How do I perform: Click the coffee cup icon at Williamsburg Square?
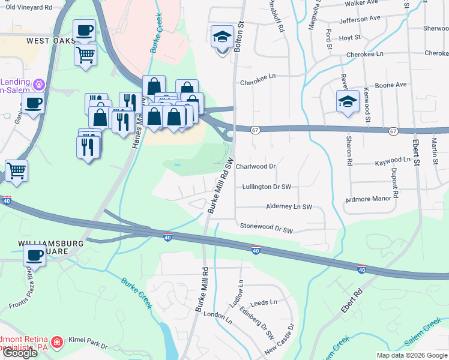[x=34, y=255]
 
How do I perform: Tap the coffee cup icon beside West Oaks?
[x=84, y=30]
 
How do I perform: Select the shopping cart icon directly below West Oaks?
[x=85, y=55]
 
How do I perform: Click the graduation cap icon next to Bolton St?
[x=222, y=37]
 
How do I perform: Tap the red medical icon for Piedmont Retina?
[x=57, y=342]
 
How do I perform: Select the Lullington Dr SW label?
[x=266, y=187]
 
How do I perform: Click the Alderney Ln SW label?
[x=289, y=206]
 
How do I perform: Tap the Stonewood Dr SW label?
[x=266, y=229]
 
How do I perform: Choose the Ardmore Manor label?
[x=369, y=199]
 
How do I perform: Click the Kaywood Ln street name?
[x=393, y=160]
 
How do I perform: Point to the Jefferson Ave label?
[x=360, y=19]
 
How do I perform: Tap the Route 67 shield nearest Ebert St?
[x=393, y=131]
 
